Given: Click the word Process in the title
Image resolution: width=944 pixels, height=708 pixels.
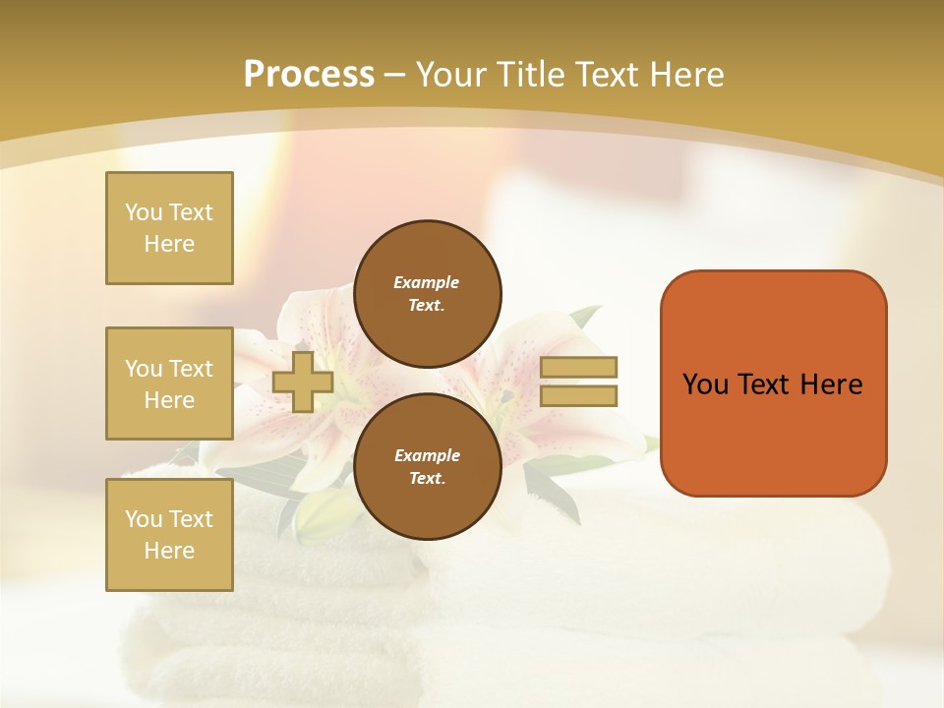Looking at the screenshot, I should pos(309,75).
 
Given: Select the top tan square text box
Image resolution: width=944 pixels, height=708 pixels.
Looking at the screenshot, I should pos(169,228).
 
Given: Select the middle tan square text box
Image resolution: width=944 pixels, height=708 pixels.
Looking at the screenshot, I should pos(169,383).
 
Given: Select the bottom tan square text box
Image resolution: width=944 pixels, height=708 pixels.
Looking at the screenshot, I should pos(169,534).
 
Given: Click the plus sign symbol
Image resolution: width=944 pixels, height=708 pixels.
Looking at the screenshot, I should pos(303,382).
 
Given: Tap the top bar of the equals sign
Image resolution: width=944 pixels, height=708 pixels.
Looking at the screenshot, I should pos(578,368).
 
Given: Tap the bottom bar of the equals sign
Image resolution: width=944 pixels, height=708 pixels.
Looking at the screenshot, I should pos(578,396).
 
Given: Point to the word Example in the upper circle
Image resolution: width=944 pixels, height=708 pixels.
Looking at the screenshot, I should pos(427,282).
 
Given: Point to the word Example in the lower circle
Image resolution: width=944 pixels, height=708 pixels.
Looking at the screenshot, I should pos(427,455).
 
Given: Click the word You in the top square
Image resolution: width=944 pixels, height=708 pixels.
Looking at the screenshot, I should pos(144,212).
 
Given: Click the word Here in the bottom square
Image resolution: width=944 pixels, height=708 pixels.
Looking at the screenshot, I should pos(169,551).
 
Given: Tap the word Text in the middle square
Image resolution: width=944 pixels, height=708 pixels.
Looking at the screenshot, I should pos(190,369).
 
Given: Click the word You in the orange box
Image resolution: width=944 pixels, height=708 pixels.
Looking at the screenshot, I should pos(704,384).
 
